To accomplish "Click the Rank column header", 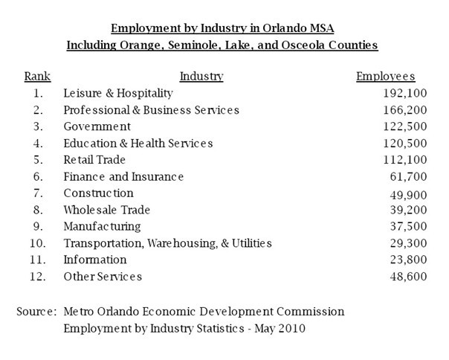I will pos(37,76).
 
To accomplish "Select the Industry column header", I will pos(201,76).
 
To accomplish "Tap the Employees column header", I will pos(385,76).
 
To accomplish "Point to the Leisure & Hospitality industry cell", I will pos(117,94).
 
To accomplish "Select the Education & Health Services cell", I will pos(138,143).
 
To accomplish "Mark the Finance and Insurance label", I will pos(123,176).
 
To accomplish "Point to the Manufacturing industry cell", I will pos(102,226).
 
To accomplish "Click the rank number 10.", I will pos(36,243).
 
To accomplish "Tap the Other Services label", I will pos(103,277).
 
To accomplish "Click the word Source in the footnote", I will pos(35,310).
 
